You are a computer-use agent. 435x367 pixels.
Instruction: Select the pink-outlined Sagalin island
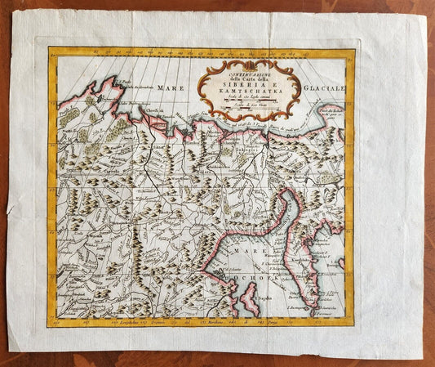point(248,299)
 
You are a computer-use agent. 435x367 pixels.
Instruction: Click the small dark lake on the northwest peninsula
point(97,96)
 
